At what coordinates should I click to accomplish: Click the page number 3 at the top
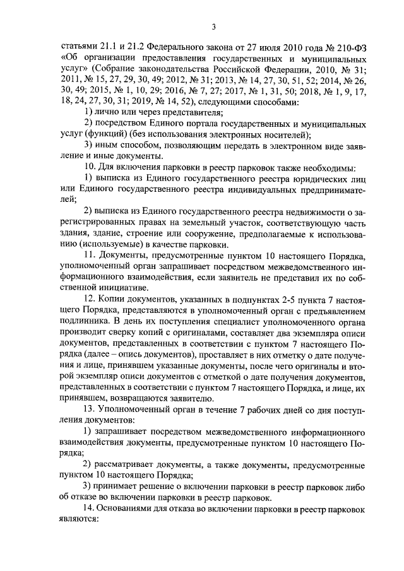pyautogui.click(x=213, y=26)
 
